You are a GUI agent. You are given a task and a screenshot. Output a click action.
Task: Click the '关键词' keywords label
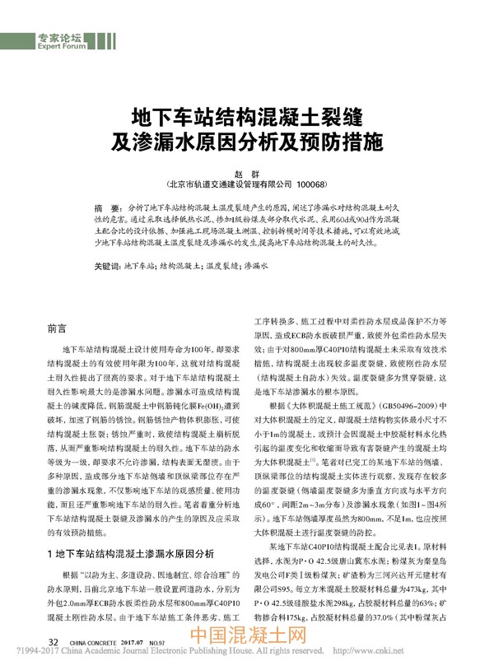coord(107,266)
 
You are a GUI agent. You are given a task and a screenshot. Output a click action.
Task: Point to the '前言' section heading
coord(58,328)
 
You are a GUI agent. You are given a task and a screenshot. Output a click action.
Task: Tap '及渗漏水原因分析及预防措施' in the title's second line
coord(246,141)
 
